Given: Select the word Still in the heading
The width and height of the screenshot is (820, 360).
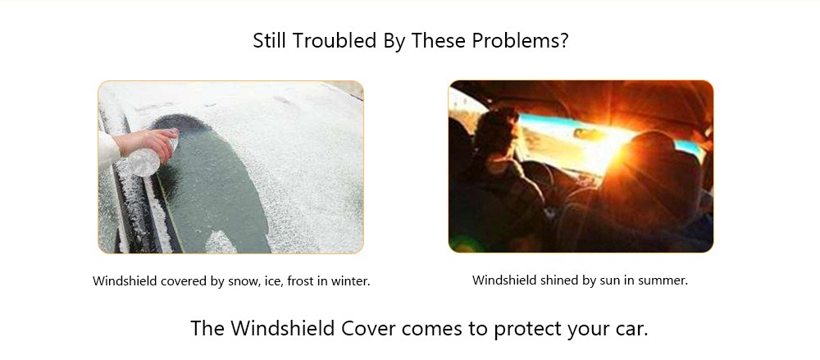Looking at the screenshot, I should (271, 40).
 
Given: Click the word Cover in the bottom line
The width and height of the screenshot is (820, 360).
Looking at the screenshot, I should (367, 329).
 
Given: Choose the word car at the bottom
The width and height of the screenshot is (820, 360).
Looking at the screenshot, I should (631, 329).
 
